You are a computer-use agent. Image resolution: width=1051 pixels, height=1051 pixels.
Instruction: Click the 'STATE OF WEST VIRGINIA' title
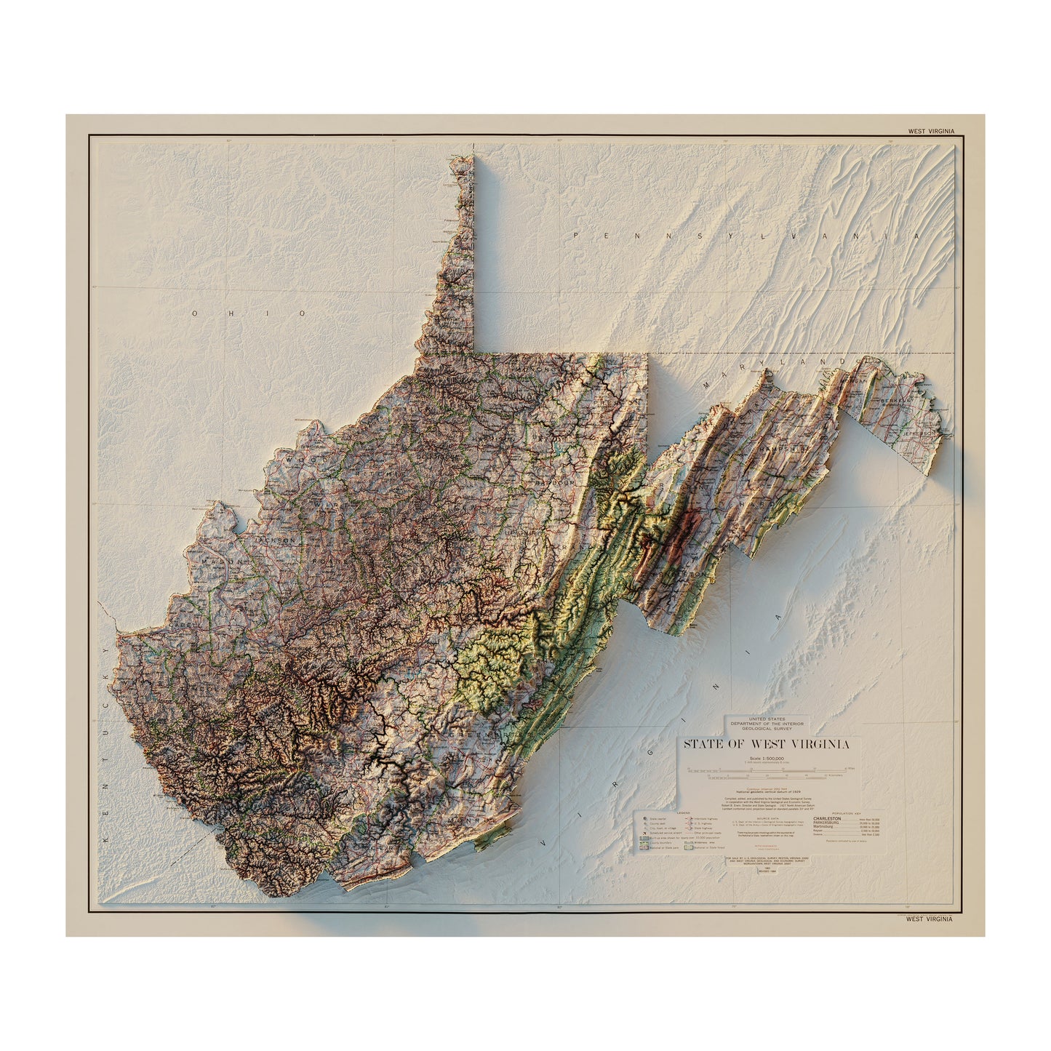765,744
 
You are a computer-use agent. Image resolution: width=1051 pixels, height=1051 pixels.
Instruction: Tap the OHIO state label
249,313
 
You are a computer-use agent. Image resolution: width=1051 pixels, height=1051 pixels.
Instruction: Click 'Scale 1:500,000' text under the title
764,759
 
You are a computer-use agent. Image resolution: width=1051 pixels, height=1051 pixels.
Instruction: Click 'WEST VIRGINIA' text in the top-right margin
930,132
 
